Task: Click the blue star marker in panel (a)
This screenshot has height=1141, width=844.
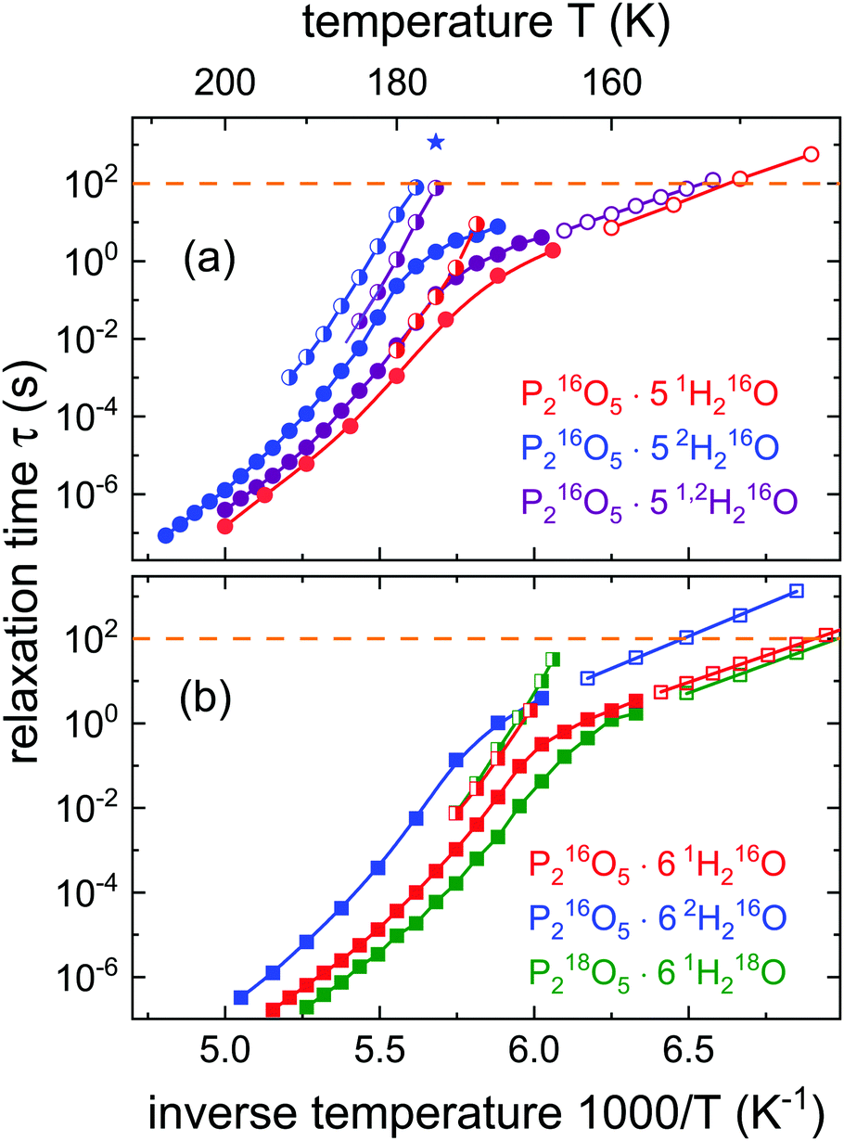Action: [x=436, y=142]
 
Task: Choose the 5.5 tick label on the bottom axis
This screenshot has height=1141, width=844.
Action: [x=379, y=1051]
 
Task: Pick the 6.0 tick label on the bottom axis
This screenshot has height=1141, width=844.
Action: [x=533, y=1051]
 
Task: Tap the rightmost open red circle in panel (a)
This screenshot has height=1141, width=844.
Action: [x=810, y=154]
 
